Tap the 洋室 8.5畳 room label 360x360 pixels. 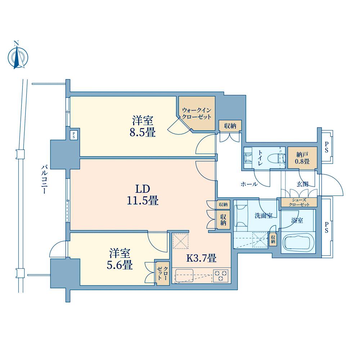143,126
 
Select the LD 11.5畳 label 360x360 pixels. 143,195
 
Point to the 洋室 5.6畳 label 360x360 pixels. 120,259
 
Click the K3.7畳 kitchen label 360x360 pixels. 201,258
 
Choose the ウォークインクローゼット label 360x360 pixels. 197,113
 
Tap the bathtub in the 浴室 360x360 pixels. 298,243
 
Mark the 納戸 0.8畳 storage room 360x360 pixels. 302,158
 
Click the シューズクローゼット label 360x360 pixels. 299,202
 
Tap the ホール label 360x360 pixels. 249,184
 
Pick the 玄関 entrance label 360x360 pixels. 302,184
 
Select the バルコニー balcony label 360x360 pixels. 44,179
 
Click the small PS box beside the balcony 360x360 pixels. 74,135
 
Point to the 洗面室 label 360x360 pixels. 264,216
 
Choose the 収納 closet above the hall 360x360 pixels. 230,126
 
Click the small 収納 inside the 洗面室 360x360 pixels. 273,239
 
